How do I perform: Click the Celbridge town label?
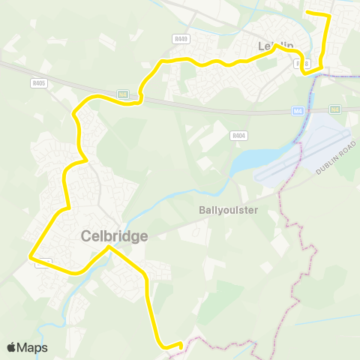(x=114, y=236)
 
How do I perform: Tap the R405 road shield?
(x=40, y=83)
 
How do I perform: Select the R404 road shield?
(x=238, y=136)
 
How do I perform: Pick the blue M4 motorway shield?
(x=298, y=111)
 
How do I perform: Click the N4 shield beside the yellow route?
(x=123, y=94)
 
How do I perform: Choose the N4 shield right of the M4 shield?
(x=334, y=109)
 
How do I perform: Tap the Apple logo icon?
(x=12, y=347)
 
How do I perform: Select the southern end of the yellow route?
(x=181, y=343)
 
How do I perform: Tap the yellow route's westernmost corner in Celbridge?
(x=31, y=256)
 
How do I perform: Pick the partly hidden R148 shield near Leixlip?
(x=304, y=64)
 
